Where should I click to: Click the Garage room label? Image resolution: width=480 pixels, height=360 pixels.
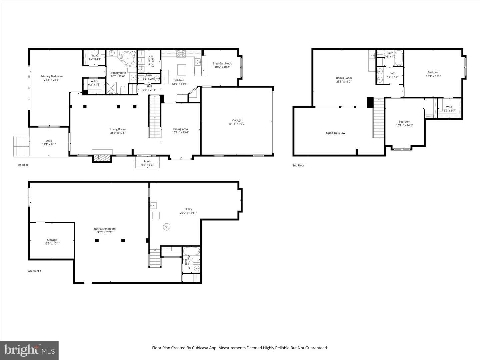pyautogui.click(x=237, y=120)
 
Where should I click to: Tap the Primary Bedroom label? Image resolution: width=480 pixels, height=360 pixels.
pyautogui.click(x=52, y=76)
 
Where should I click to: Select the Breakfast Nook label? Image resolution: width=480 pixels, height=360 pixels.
pyautogui.click(x=222, y=63)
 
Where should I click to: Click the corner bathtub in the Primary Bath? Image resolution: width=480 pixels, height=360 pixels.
pyautogui.click(x=128, y=58)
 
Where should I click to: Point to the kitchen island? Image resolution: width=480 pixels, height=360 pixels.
pyautogui.click(x=182, y=70)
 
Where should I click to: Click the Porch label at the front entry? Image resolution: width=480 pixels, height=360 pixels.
pyautogui.click(x=147, y=161)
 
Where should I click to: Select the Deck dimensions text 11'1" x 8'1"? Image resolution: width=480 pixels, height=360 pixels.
pyautogui.click(x=49, y=144)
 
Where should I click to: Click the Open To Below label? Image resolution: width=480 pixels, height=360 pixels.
pyautogui.click(x=335, y=133)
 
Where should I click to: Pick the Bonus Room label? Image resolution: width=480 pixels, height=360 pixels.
pyautogui.click(x=344, y=78)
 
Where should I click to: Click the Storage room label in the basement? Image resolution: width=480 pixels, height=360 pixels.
pyautogui.click(x=52, y=240)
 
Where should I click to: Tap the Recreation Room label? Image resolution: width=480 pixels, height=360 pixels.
pyautogui.click(x=105, y=229)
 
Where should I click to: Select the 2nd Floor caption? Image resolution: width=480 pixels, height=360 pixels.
pyautogui.click(x=299, y=165)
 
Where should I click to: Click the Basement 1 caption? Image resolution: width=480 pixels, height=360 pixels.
pyautogui.click(x=34, y=271)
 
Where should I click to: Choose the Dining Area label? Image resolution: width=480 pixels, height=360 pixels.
pyautogui.click(x=180, y=129)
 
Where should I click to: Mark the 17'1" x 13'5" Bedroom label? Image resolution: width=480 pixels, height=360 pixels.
pyautogui.click(x=433, y=72)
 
